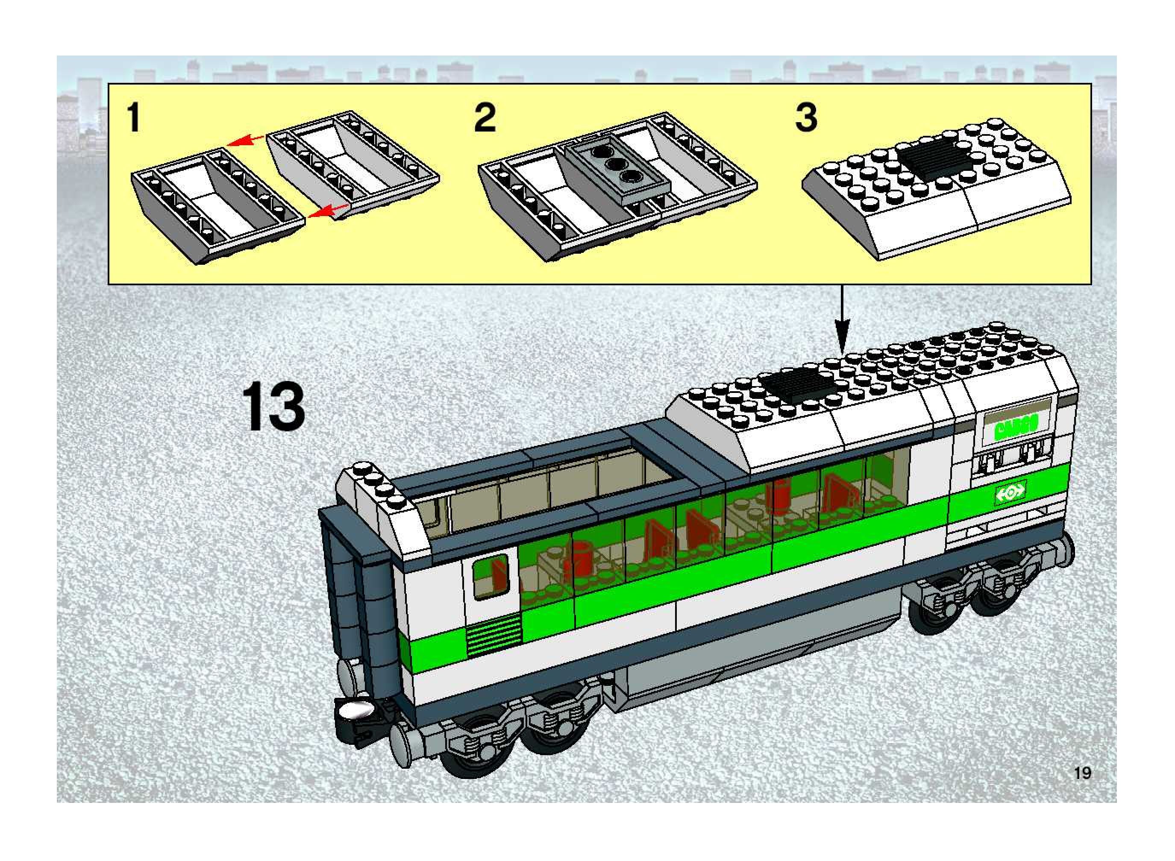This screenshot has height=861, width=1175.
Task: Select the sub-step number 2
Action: coord(485,118)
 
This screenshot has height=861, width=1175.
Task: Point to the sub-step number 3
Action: coord(806,118)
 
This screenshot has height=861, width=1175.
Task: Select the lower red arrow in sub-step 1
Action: coord(329,210)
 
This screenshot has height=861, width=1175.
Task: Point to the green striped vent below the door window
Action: coord(493,634)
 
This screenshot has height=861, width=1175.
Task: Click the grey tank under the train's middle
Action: coord(704,672)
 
